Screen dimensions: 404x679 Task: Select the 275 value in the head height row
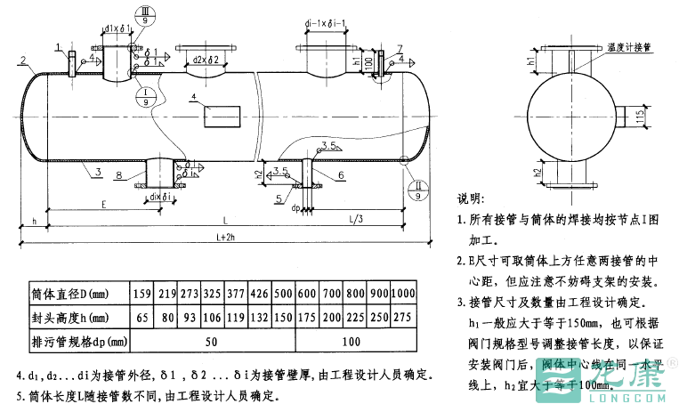[x=403, y=318]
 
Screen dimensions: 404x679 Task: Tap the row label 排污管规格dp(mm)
[x=76, y=341]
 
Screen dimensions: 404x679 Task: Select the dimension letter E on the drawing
[x=104, y=205]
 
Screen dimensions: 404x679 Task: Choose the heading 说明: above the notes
[x=471, y=198]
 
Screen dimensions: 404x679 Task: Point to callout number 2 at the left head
[x=20, y=61]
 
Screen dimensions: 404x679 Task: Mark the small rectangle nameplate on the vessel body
[x=222, y=116]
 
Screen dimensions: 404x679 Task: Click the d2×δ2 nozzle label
[x=206, y=60]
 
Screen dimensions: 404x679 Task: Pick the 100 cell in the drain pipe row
[x=351, y=341]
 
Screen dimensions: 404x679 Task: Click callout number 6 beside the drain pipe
[x=341, y=176]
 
